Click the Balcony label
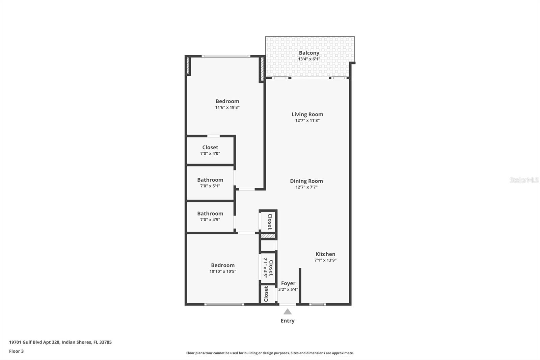(309, 53)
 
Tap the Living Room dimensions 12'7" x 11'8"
(307, 121)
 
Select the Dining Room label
(306, 181)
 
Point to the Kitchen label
(325, 254)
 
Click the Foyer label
(288, 283)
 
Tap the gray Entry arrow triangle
(288, 312)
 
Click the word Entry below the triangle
(288, 321)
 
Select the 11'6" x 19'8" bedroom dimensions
(227, 107)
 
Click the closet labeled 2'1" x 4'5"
(268, 268)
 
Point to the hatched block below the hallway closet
(268, 236)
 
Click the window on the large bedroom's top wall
(226, 56)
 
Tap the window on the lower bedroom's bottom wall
(224, 304)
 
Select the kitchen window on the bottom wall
(318, 304)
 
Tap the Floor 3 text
(16, 351)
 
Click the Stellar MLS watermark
(524, 180)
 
